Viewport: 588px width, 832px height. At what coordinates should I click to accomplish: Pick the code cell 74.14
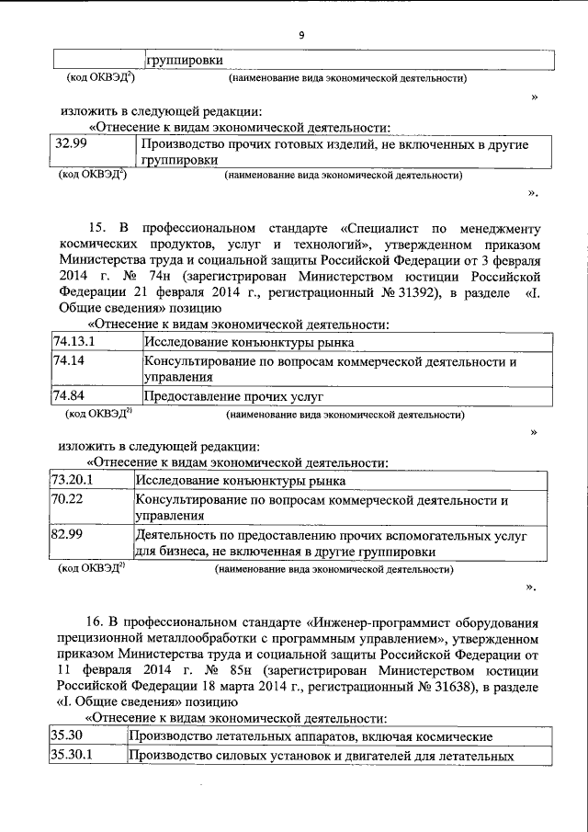click(x=69, y=362)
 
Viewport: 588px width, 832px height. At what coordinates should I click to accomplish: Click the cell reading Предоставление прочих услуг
click(x=234, y=397)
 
